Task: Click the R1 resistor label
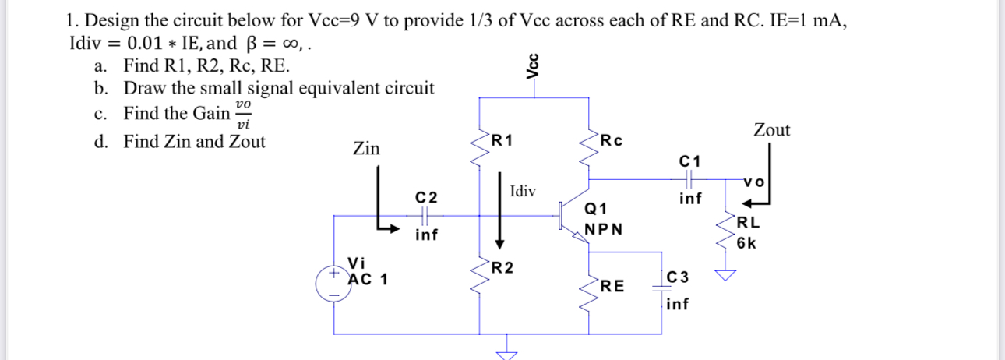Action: click(x=503, y=141)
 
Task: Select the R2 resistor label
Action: click(x=503, y=269)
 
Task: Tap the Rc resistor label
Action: click(x=611, y=141)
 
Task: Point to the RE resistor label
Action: click(x=612, y=286)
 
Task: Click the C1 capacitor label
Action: click(x=690, y=161)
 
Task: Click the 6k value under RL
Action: click(x=746, y=242)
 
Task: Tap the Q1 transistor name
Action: click(x=595, y=209)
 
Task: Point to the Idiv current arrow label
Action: click(x=523, y=191)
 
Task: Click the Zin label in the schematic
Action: click(x=366, y=148)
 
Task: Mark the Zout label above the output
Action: click(x=771, y=130)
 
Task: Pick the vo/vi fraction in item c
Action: click(x=243, y=113)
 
